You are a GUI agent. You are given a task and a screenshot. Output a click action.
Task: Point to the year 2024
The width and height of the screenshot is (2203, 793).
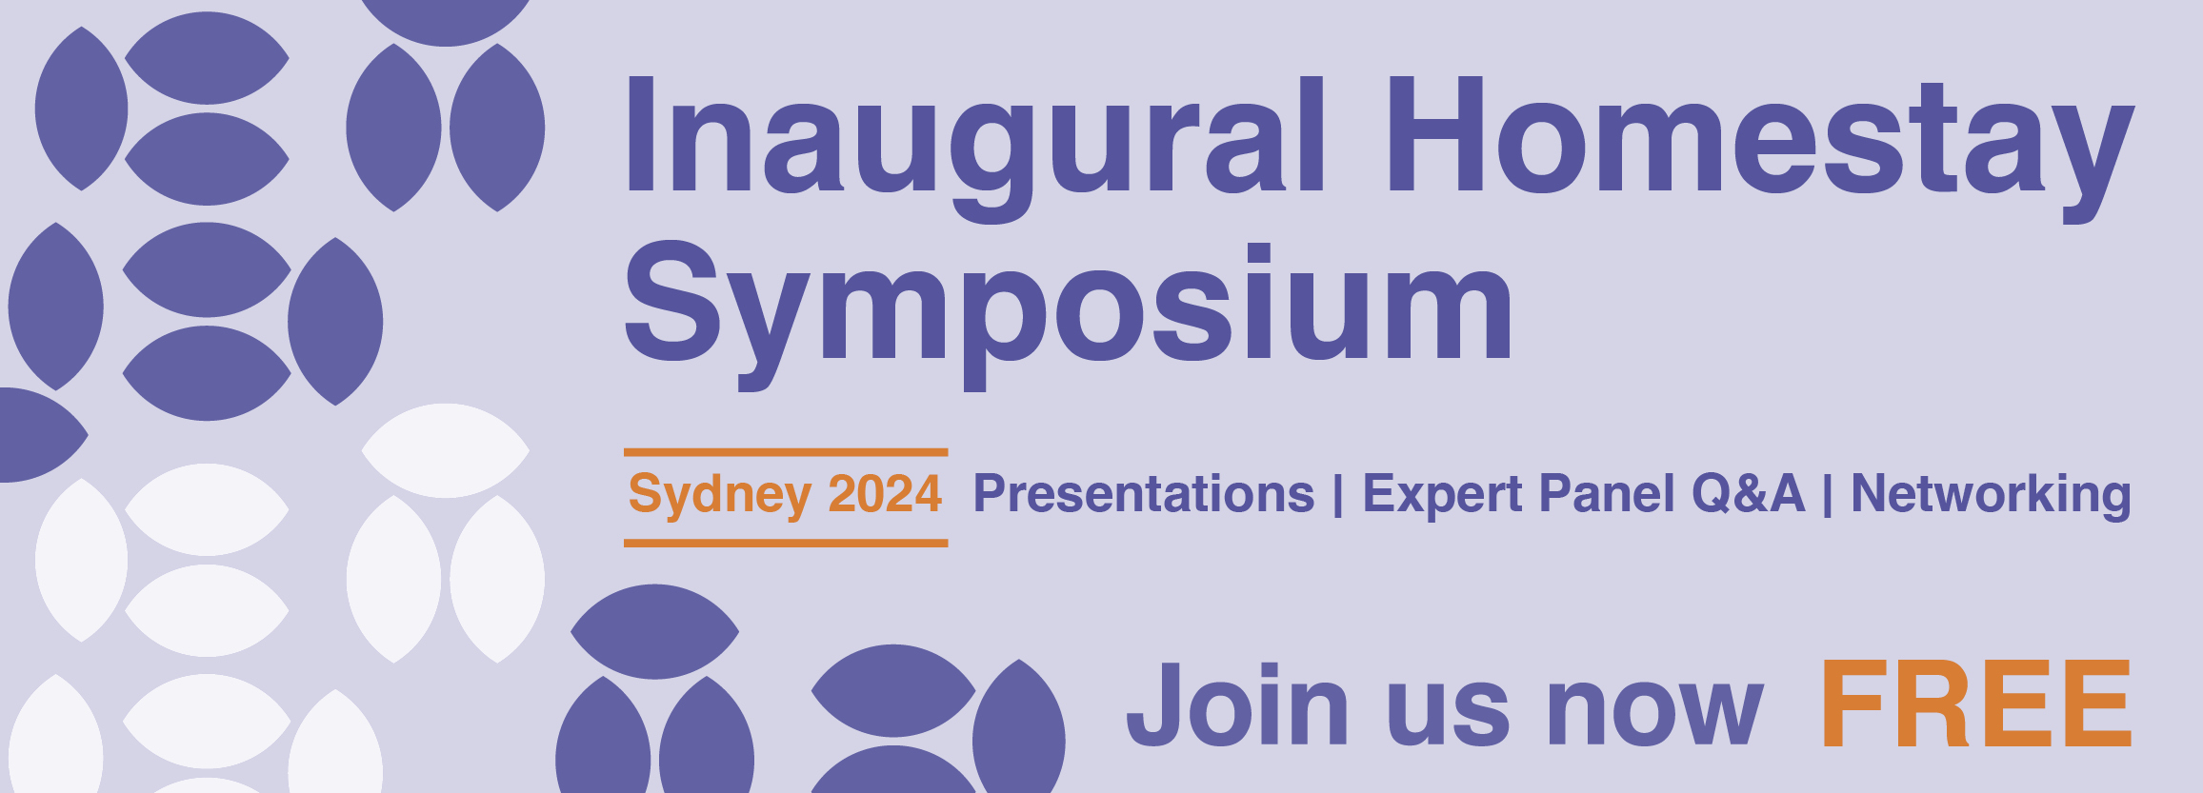885,493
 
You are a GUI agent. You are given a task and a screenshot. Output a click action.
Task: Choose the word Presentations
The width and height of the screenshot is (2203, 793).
1143,493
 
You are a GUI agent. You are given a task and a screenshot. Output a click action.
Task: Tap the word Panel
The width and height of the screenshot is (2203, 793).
1607,493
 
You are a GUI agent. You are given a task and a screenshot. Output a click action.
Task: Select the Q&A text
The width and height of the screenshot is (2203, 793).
1749,493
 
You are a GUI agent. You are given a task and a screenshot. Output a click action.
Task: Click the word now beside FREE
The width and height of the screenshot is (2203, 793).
1655,714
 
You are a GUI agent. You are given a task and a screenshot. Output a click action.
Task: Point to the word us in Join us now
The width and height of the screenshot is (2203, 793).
1448,714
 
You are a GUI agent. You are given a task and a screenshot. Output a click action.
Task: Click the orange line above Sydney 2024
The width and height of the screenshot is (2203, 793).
786,452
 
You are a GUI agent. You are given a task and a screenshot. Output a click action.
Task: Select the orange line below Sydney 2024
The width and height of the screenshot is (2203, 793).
786,544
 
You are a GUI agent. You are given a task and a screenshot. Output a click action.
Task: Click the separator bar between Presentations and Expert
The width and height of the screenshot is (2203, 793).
1338,495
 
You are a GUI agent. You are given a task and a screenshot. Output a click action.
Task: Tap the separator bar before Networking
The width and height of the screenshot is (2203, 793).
1828,495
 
